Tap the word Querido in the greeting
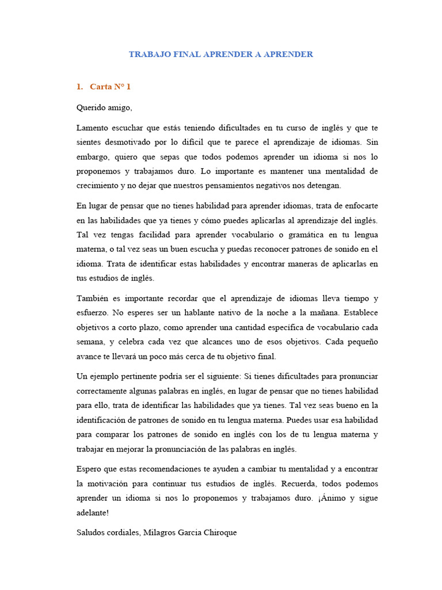pyautogui.click(x=90, y=107)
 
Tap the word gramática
pyautogui.click(x=279, y=235)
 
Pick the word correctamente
pyautogui.click(x=103, y=391)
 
